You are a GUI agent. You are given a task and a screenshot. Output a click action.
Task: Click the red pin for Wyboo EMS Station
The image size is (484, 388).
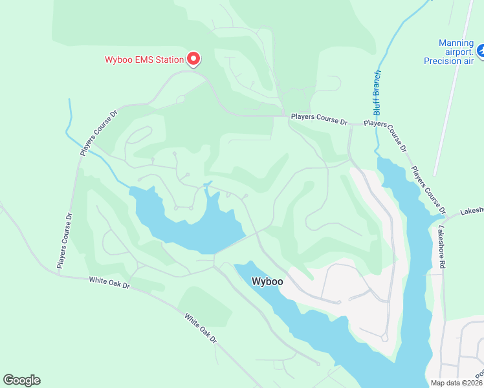pyautogui.click(x=193, y=59)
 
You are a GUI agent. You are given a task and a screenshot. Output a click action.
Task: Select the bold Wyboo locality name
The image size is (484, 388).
pyautogui.click(x=267, y=282)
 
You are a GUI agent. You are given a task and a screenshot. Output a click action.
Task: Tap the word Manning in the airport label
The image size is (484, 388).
pyautogui.click(x=456, y=43)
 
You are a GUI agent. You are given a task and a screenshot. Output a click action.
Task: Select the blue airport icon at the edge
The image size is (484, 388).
pyautogui.click(x=481, y=50)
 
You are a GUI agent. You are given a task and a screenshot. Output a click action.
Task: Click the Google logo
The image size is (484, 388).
pyautogui.click(x=21, y=380)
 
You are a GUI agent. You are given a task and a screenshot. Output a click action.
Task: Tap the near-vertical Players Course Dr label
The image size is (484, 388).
pyautogui.click(x=63, y=240)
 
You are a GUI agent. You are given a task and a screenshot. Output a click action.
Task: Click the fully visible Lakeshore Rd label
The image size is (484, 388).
pyautogui.click(x=441, y=246)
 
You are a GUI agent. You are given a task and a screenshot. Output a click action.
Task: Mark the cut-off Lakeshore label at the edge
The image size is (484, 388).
pyautogui.click(x=472, y=211)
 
